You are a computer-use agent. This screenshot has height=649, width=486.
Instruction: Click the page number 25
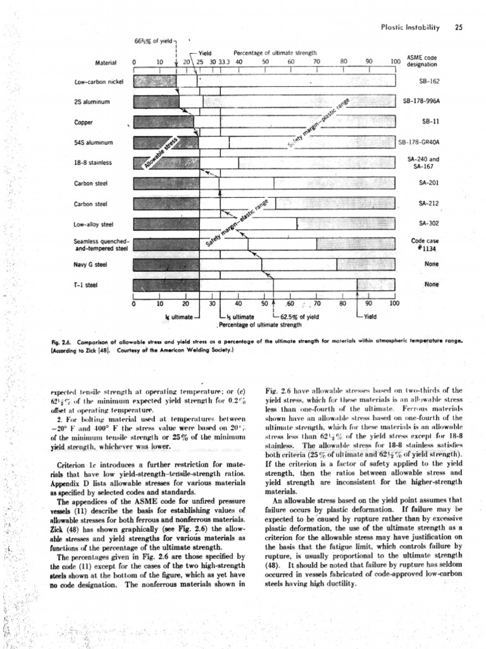click(x=459, y=27)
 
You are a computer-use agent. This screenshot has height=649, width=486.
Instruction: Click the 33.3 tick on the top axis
click(x=222, y=62)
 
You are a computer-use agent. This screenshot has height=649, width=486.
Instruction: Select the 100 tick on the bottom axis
click(x=394, y=304)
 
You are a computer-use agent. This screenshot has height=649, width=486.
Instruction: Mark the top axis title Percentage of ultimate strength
click(x=276, y=53)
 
